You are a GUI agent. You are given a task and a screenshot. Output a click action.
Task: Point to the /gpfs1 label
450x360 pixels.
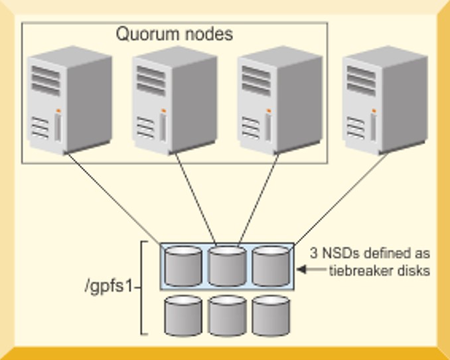coord(110,288)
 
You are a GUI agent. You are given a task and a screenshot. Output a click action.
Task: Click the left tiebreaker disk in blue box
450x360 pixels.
coord(183,266)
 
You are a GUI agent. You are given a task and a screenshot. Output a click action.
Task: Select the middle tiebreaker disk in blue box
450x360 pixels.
coord(227,266)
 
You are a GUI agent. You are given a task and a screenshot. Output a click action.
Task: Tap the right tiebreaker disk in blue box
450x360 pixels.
coord(271,266)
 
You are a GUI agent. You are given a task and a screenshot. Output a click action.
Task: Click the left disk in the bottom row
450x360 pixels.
coord(183,315)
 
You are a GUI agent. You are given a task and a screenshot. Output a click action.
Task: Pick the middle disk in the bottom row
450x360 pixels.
coord(227,315)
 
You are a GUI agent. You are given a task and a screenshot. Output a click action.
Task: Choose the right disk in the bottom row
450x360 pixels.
coord(271,315)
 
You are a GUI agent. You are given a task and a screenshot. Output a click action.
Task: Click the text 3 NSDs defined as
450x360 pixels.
coord(370,254)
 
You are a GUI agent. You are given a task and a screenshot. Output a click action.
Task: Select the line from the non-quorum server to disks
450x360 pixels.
coord(338,199)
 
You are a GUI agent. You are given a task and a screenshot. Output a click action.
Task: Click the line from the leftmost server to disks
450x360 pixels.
coord(113,199)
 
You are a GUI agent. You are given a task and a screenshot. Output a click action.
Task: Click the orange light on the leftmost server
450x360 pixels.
coord(58,110)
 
